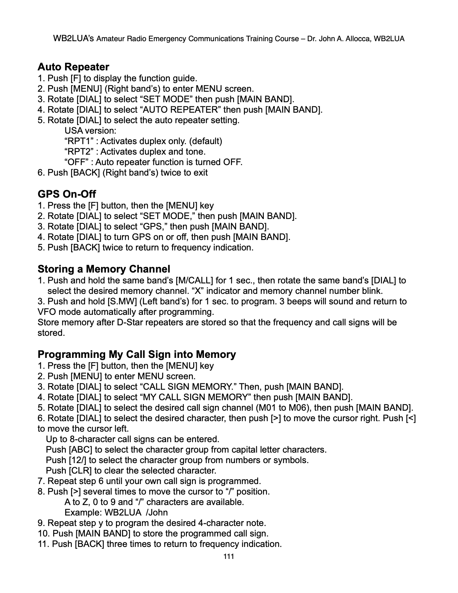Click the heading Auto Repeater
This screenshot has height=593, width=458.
pos(73,67)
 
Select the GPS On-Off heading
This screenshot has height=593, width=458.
pos(67,194)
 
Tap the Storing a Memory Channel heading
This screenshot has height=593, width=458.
pos(104,269)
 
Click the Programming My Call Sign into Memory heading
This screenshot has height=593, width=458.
pos(137,355)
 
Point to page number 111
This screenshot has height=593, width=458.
pos(229,557)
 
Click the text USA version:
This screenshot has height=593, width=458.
pos(90,131)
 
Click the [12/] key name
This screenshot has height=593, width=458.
pos(78,460)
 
